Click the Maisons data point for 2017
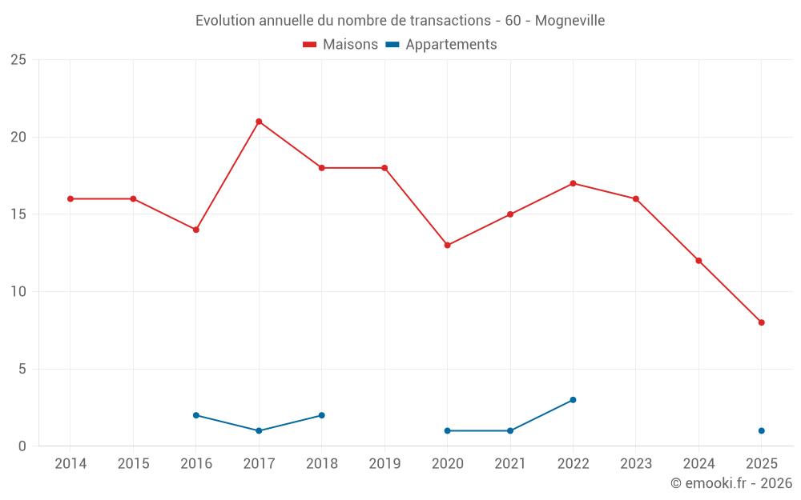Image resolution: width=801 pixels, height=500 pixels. (x=259, y=122)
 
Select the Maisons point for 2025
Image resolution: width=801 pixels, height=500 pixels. (x=762, y=322)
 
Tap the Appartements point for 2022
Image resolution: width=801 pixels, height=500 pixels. (x=573, y=400)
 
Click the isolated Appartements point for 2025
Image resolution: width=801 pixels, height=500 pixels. (x=762, y=430)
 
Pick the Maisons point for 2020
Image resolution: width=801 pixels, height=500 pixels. (x=447, y=245)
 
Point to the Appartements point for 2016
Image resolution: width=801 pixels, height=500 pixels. (x=195, y=415)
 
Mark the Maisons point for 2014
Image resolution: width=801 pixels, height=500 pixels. (x=70, y=198)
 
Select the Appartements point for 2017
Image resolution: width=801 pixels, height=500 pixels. (x=259, y=430)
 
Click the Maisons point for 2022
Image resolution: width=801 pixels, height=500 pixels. (x=573, y=183)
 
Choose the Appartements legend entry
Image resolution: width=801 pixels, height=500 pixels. (x=451, y=45)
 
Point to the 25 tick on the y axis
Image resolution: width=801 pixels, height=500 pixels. (x=18, y=60)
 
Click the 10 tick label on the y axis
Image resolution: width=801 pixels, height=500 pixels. (x=18, y=292)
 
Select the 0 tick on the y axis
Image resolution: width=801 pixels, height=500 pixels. (x=22, y=446)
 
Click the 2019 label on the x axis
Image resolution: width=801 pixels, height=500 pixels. (x=384, y=464)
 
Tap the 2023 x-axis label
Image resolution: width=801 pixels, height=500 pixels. (x=636, y=464)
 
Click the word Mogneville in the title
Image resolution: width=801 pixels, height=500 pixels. (x=570, y=20)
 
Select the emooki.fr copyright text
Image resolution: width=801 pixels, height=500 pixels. (x=731, y=483)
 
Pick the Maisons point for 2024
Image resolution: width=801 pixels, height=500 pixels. (x=698, y=261)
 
